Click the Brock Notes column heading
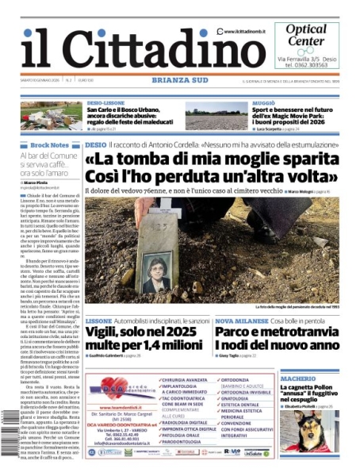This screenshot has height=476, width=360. coord(50,146)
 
